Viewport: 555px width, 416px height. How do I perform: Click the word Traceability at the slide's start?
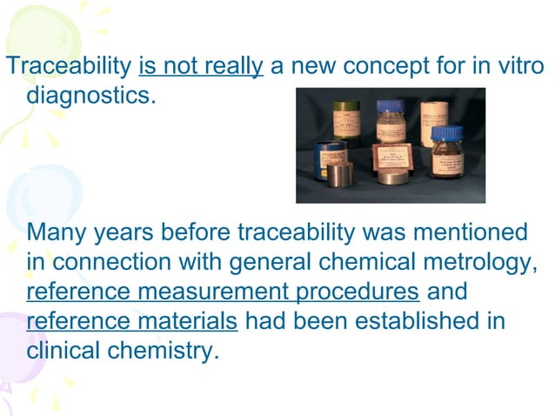69,66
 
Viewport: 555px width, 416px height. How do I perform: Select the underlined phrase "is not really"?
200,66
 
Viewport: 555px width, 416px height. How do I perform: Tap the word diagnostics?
91,93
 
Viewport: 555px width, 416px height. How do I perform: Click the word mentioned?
471,233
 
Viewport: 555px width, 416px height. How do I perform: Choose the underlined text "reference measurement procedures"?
223,292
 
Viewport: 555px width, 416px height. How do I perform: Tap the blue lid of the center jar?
390,106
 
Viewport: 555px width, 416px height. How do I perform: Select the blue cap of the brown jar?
447,131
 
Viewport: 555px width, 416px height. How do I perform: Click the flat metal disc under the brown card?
391,178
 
